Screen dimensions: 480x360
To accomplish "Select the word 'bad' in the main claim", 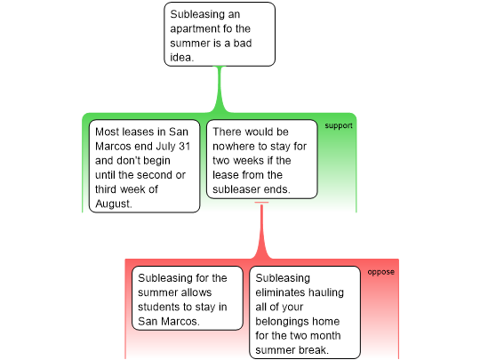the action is point(243,43).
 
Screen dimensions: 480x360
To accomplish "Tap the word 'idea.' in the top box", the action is point(182,57).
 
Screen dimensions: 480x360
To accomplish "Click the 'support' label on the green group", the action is point(339,126).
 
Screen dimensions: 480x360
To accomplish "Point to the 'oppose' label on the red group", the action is point(380,272).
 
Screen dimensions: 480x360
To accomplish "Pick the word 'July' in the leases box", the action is point(165,147).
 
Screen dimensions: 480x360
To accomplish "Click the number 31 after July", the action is point(185,147).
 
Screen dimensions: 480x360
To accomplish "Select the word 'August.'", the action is point(114,204).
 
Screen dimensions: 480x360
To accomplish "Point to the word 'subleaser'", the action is point(237,189).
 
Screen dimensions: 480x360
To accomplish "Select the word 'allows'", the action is point(196,292).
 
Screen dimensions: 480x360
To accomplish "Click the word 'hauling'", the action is point(326,293).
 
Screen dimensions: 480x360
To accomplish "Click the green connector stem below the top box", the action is point(220,90).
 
